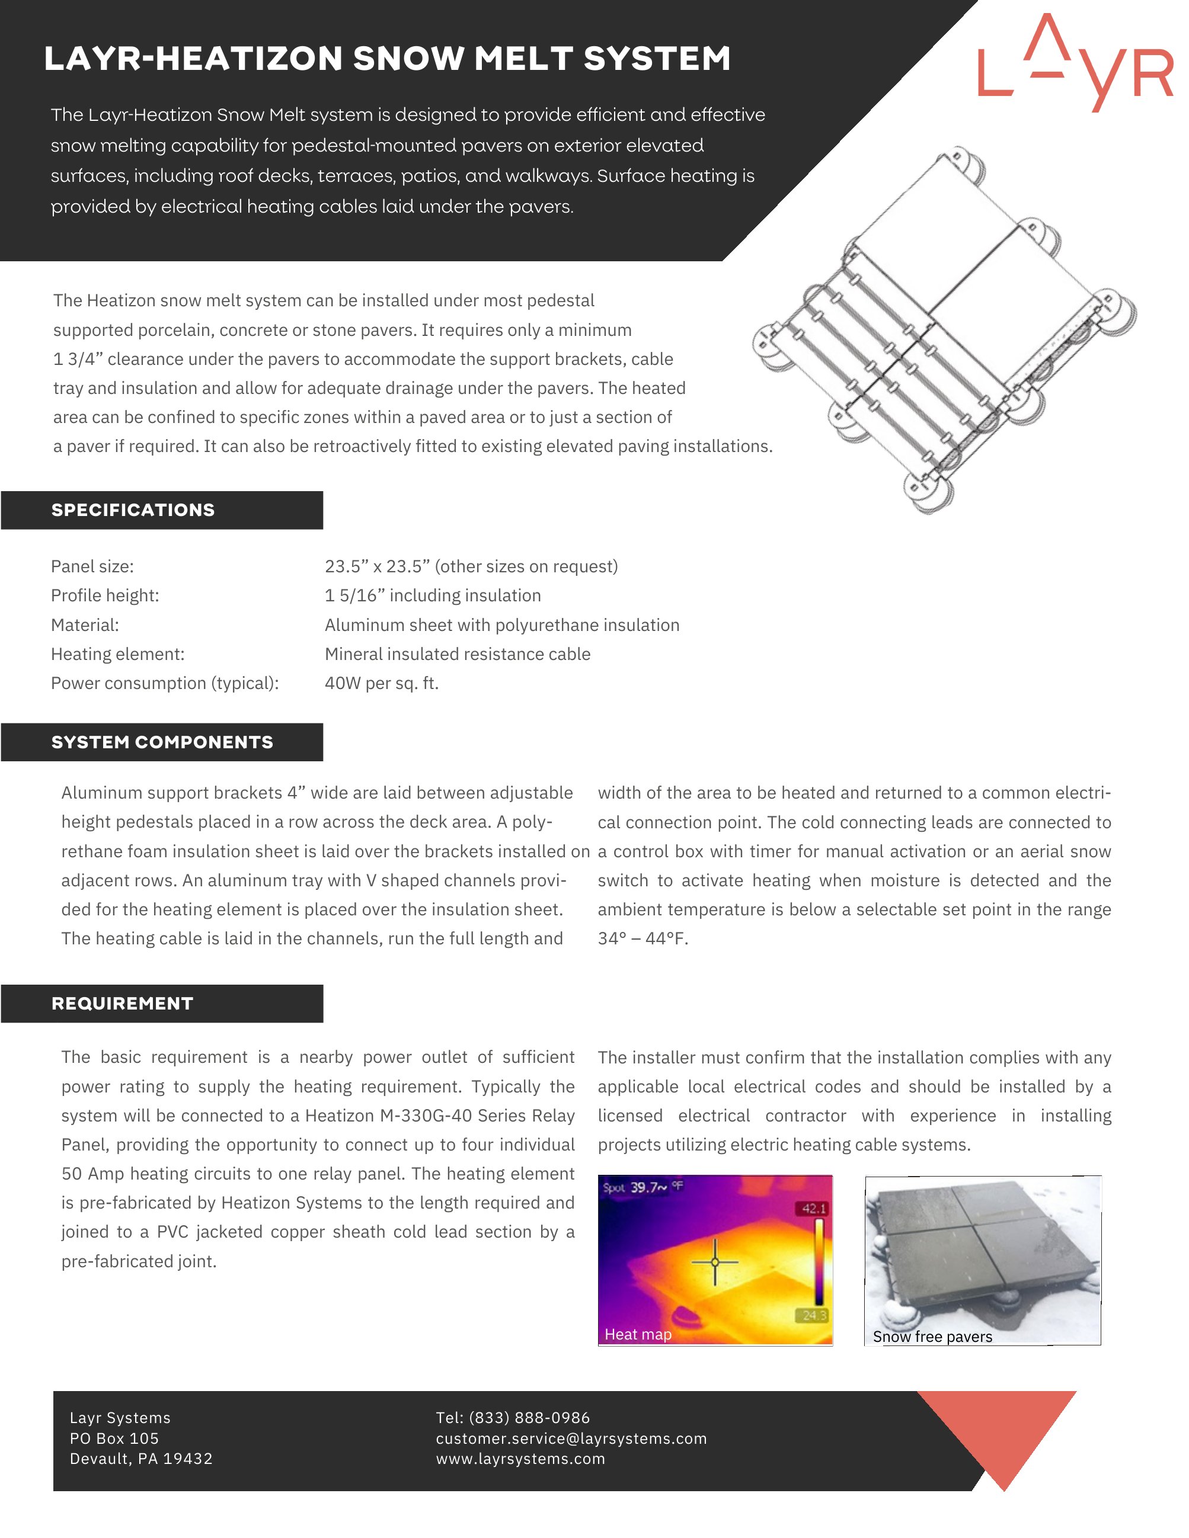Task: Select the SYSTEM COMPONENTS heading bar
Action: click(162, 742)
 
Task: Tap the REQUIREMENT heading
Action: click(122, 1004)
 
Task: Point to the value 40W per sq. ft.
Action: click(381, 683)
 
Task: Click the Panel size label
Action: click(92, 566)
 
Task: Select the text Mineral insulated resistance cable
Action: click(457, 654)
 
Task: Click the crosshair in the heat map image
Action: click(715, 1262)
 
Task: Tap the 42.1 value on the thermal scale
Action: click(814, 1209)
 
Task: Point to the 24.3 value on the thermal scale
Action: click(815, 1315)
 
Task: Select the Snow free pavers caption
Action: click(932, 1337)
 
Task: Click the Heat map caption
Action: click(637, 1334)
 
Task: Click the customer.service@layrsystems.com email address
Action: click(571, 1438)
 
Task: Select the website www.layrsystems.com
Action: click(520, 1459)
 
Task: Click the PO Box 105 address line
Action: click(114, 1438)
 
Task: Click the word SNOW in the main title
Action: click(408, 59)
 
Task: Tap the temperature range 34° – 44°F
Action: click(643, 938)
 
